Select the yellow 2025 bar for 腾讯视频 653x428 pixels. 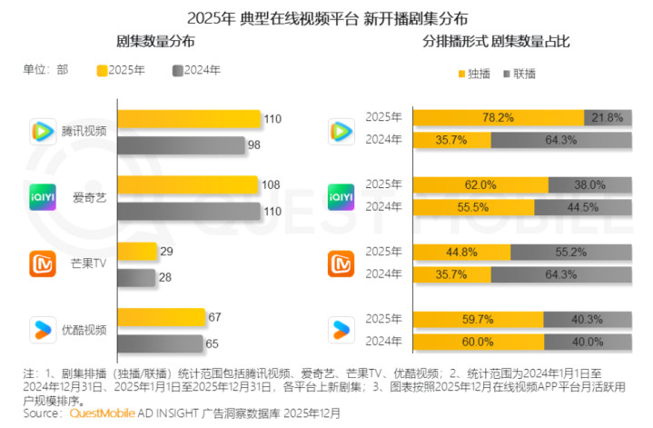pos(189,118)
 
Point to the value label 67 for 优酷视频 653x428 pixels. pos(214,316)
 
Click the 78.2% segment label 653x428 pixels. pos(499,117)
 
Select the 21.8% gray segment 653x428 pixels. pos(607,117)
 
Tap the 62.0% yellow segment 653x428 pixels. pos(480,184)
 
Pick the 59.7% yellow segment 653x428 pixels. pos(478,318)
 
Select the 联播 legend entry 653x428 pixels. pos(519,72)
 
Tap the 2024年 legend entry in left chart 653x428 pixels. pos(195,71)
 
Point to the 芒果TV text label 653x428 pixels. pos(89,264)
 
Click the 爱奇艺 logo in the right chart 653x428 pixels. pos(341,196)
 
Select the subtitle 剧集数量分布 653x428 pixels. pos(155,43)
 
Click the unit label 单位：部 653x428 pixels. pos(45,71)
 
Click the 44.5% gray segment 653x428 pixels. pos(583,206)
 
